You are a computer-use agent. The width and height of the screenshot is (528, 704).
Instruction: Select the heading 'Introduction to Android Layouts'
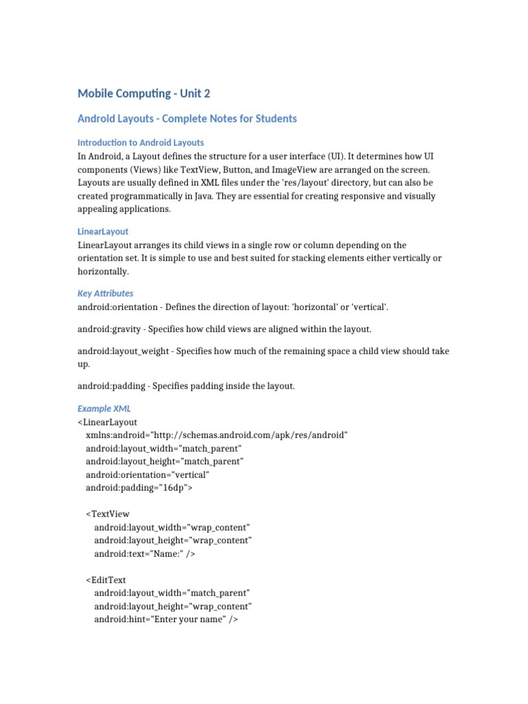140,143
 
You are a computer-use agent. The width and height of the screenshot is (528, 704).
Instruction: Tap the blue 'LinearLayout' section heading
103,232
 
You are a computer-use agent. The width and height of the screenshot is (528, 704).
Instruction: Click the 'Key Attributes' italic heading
105,294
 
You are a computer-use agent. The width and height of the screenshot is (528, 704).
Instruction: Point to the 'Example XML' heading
104,408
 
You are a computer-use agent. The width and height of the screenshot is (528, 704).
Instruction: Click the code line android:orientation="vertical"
148,475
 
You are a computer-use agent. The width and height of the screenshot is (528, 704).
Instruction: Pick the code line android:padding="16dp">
140,488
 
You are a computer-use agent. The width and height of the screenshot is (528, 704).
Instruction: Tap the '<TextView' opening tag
108,514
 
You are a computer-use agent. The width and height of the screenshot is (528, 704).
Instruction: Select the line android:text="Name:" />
145,554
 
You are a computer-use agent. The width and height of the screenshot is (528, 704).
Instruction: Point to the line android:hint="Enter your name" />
166,619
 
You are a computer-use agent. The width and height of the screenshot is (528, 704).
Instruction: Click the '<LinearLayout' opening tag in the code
108,422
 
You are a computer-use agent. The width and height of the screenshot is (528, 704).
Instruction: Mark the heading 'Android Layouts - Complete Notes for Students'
187,119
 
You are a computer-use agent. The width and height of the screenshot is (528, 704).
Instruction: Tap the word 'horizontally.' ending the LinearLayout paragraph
103,272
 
